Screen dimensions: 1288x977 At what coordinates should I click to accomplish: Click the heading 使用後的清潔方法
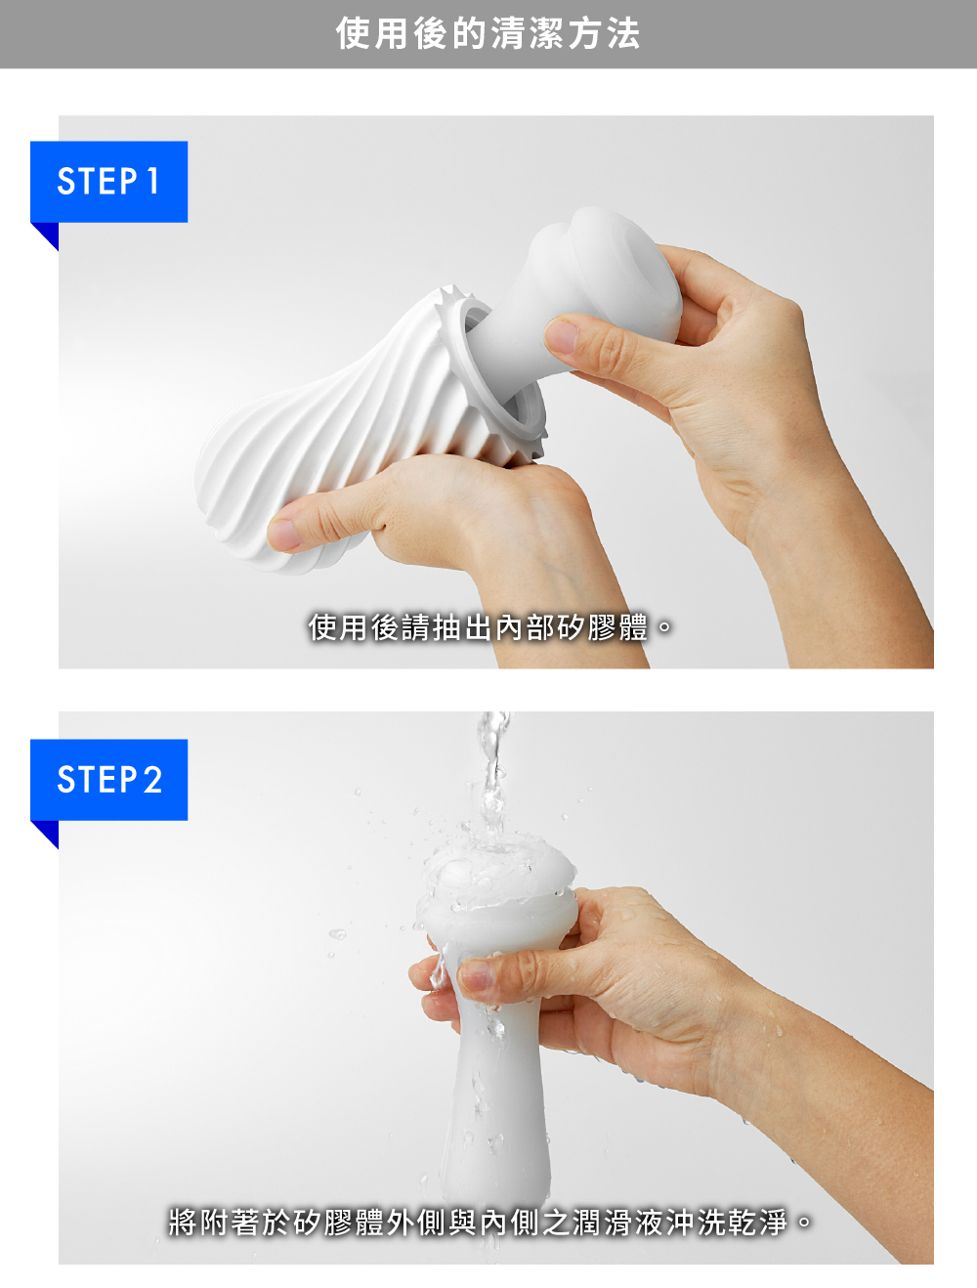click(x=488, y=34)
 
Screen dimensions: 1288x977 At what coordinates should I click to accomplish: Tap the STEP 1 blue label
click(x=108, y=182)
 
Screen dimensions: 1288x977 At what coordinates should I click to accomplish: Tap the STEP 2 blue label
click(x=108, y=780)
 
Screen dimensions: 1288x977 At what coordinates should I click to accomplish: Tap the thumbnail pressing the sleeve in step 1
click(x=563, y=336)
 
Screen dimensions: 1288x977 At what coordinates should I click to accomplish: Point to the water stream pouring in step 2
click(x=491, y=772)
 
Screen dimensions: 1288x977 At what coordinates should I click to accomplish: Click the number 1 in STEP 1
click(x=152, y=182)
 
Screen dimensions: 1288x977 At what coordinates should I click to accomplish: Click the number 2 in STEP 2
click(x=152, y=780)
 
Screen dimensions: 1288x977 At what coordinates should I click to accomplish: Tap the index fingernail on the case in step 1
click(x=283, y=533)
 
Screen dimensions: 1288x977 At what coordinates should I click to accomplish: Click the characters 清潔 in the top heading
click(x=527, y=34)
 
